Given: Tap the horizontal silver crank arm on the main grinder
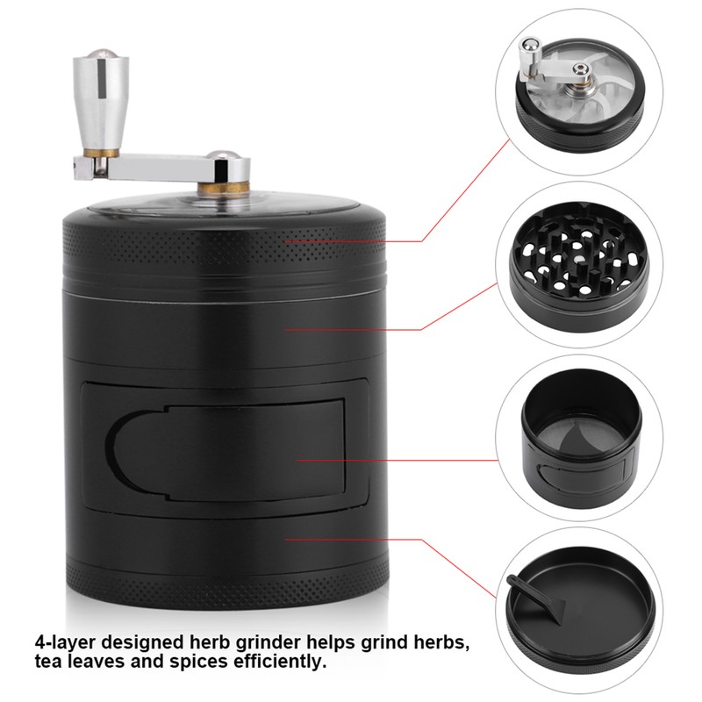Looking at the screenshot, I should tap(167, 161).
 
